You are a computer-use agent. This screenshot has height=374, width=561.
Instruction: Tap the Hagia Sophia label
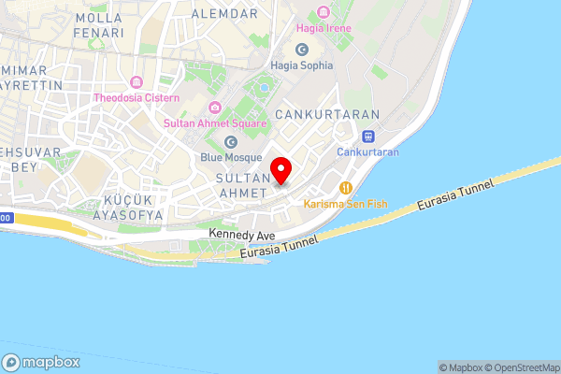click(301, 65)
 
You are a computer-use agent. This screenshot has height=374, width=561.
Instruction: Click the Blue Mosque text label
click(230, 158)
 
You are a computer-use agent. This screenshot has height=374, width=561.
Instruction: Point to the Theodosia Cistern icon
click(137, 81)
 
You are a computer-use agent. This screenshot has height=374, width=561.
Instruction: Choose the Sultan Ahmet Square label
click(215, 122)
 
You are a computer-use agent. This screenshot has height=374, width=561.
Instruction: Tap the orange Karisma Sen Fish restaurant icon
click(346, 186)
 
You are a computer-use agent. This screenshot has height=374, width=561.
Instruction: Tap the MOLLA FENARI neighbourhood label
click(99, 24)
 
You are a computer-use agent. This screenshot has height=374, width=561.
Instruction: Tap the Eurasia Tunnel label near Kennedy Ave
click(280, 246)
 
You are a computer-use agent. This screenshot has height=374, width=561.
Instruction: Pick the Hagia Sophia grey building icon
click(301, 49)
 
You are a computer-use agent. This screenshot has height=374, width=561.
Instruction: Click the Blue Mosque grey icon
click(230, 141)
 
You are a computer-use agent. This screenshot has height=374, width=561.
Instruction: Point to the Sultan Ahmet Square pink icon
click(215, 107)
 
